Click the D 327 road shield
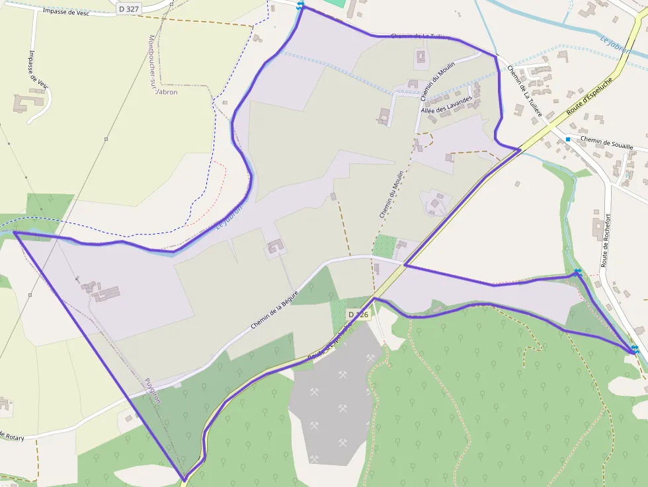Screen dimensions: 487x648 coord(128,9)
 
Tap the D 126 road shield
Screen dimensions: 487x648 coord(357,315)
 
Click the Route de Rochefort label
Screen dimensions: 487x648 coord(606,241)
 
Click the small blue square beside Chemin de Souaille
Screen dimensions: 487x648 coord(567,139)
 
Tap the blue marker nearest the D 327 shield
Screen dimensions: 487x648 coord(301,5)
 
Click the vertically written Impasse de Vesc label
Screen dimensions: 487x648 coord(39,69)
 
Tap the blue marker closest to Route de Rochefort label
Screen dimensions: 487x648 coord(578,272)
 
